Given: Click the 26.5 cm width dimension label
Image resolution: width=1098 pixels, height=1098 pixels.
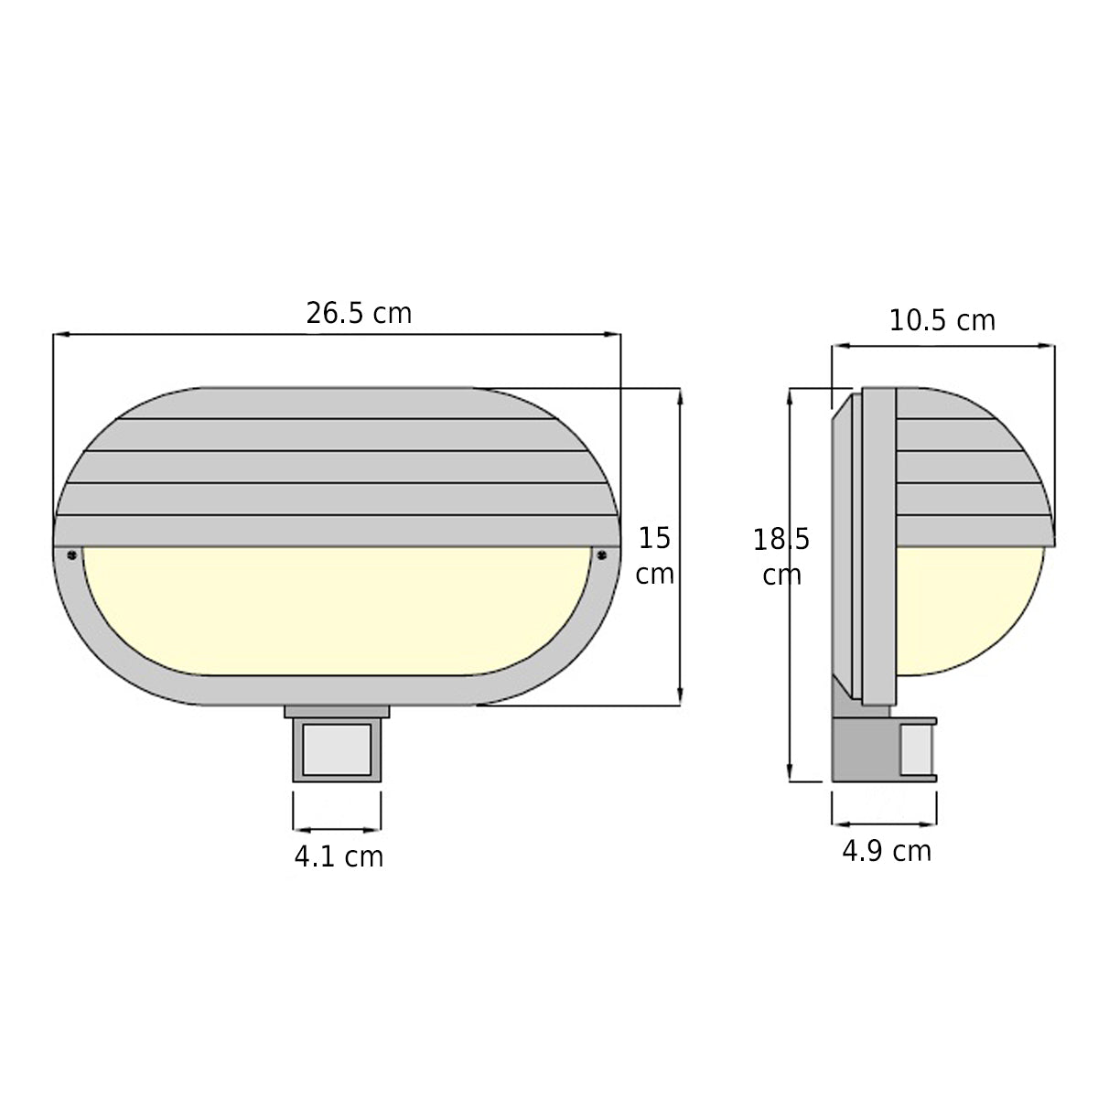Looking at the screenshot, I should (x=359, y=314).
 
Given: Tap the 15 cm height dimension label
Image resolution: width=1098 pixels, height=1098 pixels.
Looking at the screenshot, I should (x=655, y=555).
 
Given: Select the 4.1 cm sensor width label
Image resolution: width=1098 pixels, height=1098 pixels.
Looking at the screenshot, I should (x=338, y=857).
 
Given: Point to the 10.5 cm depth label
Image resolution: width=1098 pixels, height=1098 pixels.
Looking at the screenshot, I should (x=942, y=321).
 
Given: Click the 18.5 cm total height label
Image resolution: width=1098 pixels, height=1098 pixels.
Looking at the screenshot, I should (x=780, y=556).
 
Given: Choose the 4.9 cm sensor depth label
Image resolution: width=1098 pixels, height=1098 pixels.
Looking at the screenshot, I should (x=886, y=851).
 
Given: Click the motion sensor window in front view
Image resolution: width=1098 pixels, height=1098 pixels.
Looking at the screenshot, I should (x=337, y=751).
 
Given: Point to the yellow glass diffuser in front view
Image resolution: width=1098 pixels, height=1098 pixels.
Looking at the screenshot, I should (x=337, y=608).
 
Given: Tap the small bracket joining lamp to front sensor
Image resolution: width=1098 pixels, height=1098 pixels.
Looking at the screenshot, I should (x=337, y=711).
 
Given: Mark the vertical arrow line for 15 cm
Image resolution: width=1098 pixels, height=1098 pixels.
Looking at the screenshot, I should (x=680, y=547).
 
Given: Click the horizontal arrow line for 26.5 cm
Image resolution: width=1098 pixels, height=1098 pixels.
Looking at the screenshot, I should (x=229, y=335).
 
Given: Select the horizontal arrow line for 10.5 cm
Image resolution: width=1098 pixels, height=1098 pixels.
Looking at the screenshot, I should (x=942, y=346).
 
